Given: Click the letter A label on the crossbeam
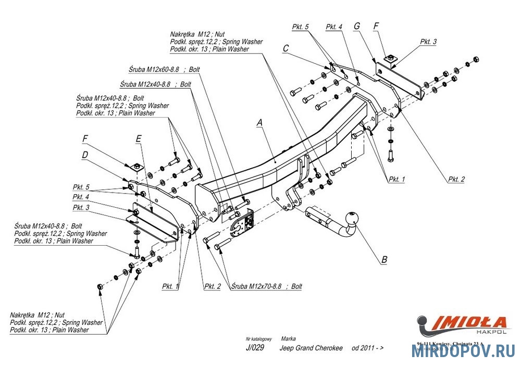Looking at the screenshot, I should (x=259, y=123).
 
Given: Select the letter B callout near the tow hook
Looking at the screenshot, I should (x=384, y=259).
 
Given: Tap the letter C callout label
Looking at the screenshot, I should (x=286, y=48).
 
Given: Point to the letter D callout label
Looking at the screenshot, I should (x=84, y=154).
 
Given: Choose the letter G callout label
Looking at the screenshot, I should (x=357, y=26).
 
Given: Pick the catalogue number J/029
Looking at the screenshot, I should (x=253, y=348).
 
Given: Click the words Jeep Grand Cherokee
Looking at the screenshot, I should (x=311, y=348).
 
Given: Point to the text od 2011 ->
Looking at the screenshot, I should (x=368, y=348).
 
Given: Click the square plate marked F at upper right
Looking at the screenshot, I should (x=390, y=61).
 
